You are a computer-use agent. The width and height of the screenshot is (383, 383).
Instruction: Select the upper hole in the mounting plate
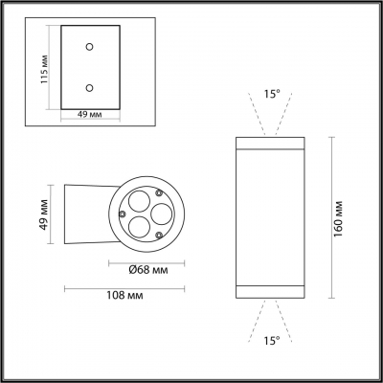89,45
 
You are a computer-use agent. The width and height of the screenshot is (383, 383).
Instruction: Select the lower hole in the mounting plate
89,87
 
